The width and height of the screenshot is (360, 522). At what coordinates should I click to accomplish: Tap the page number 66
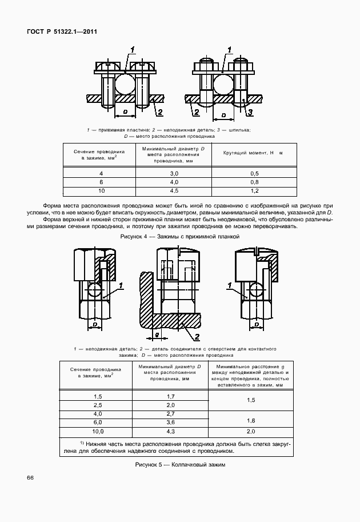coord(30,493)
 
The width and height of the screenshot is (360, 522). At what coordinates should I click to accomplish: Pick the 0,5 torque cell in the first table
coord(255,173)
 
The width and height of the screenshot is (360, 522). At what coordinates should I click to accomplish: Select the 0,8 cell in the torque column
coord(255,181)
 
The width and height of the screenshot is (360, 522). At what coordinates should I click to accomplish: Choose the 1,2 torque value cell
coord(255,190)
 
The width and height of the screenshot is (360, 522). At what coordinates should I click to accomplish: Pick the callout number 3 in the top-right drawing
coord(250,113)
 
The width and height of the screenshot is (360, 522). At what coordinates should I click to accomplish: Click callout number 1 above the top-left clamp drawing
coord(132,51)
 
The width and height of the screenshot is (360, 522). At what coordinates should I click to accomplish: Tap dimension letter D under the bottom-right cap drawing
coord(256,324)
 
